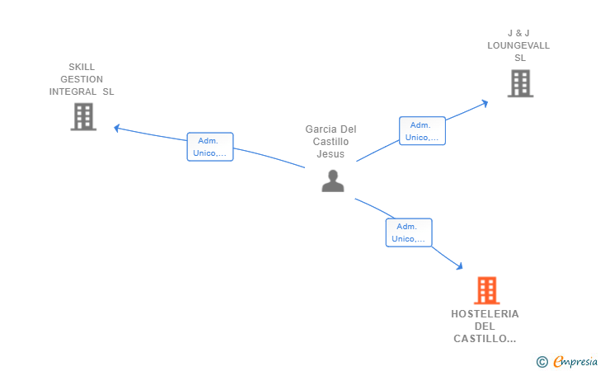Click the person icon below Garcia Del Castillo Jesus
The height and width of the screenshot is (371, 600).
coord(333,181)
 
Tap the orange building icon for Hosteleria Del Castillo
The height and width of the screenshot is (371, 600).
coord(487,290)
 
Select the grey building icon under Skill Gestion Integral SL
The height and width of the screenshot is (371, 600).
coord(83,117)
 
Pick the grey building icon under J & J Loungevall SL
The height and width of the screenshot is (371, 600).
coord(520,83)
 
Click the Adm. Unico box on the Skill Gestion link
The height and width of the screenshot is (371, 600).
coord(210,147)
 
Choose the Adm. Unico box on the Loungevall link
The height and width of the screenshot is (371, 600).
coord(422,131)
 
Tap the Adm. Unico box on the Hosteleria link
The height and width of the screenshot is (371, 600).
coord(409,232)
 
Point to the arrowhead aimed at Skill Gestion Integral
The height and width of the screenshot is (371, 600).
coord(117,129)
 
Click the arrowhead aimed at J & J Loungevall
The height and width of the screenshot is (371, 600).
coord(485,103)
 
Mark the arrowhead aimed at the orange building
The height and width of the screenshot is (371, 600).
coord(459,265)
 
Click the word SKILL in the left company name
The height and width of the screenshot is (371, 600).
coord(82,67)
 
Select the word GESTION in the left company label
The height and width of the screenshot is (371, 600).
coord(82,79)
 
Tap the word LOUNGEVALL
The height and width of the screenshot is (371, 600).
coord(518,45)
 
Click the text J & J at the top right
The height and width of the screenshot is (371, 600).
coord(518,33)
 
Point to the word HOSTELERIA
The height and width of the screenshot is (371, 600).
coord(485,314)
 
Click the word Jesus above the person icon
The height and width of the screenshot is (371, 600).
coord(330,154)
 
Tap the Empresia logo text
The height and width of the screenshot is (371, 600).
coord(575,361)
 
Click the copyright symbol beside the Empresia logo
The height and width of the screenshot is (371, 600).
coord(542,362)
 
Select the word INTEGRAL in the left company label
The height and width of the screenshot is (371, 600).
coord(73,92)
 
